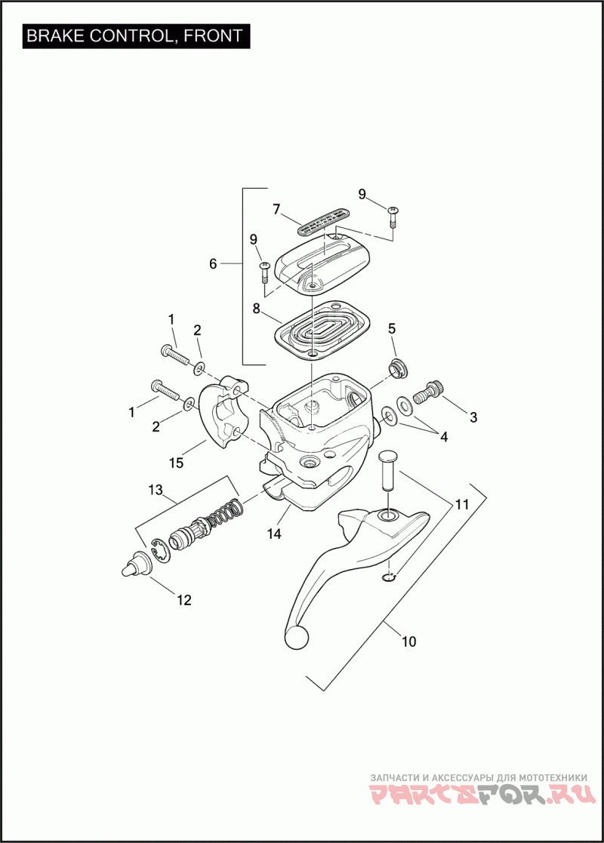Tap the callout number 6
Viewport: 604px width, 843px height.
(x=213, y=263)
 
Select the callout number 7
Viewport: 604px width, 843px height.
(x=276, y=208)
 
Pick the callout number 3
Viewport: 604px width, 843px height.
(x=473, y=416)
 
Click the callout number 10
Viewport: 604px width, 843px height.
(x=408, y=641)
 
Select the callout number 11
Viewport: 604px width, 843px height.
(x=461, y=502)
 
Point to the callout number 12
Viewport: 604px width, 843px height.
(x=184, y=600)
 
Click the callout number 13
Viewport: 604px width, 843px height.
(x=156, y=491)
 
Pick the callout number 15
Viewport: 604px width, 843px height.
(x=176, y=463)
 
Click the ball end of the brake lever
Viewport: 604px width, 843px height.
(x=296, y=637)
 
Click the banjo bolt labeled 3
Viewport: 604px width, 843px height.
(x=431, y=392)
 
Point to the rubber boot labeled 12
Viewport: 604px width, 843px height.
(x=134, y=566)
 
